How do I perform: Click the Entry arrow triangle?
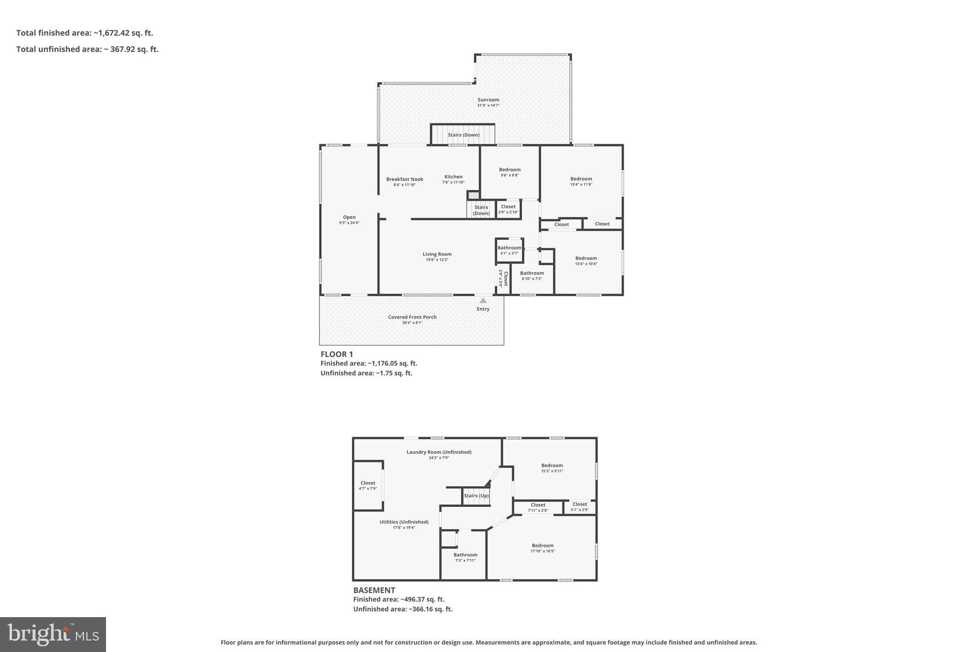tap(483, 300)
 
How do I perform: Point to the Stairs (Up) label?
tap(476, 496)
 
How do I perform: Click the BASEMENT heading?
tap(374, 590)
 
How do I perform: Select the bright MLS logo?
tap(53, 634)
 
